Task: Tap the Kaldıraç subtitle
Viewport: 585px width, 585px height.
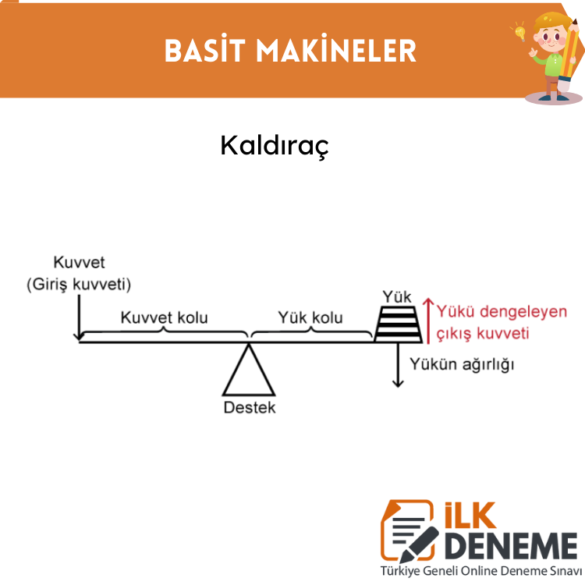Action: [275, 147]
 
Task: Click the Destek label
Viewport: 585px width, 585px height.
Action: [250, 407]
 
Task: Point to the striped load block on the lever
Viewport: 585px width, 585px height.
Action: [398, 324]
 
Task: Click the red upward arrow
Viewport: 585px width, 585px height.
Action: [428, 321]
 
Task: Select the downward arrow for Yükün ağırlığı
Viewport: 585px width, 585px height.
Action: [398, 365]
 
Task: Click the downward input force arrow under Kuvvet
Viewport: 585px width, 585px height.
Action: [79, 317]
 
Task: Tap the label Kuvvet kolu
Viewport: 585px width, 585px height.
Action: [164, 317]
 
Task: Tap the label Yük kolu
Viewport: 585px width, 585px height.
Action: [310, 317]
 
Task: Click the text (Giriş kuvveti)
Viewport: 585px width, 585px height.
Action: [79, 284]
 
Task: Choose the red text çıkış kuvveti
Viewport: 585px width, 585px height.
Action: [483, 334]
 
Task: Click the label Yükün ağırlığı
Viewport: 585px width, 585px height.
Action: [462, 364]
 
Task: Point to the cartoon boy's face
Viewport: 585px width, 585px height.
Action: [550, 37]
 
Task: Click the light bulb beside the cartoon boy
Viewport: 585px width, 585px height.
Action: [520, 32]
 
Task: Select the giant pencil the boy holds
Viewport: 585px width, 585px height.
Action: [569, 55]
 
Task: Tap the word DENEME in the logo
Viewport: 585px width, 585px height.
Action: [511, 546]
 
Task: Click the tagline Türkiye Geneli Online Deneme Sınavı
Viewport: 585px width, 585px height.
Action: [481, 571]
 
